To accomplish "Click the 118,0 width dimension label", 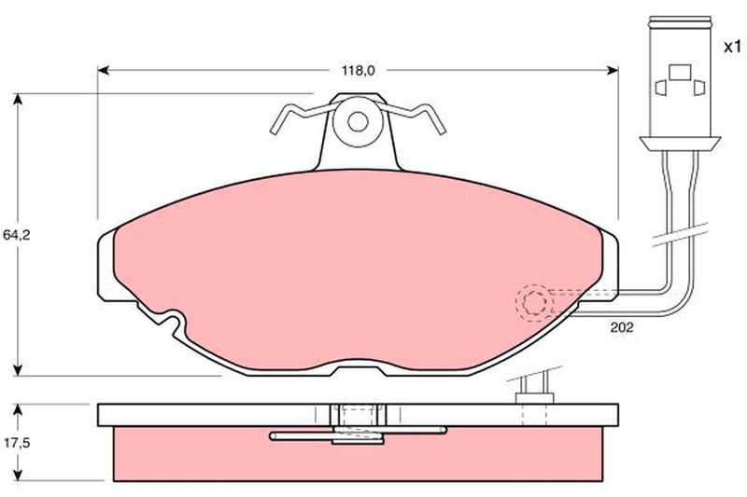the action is coord(359,71).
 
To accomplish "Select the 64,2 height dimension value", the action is coord(16,235).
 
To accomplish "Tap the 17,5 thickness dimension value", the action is coord(17,443).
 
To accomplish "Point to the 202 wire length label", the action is coord(622,327).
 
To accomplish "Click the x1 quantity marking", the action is coord(733,47).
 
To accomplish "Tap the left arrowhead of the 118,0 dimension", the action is coord(104,71).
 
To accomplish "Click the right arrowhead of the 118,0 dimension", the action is coord(613,71).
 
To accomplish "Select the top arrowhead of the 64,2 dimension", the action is coord(18,99).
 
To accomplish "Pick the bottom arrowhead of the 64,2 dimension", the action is coord(18,370).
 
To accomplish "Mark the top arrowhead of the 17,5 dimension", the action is coord(18,410).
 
